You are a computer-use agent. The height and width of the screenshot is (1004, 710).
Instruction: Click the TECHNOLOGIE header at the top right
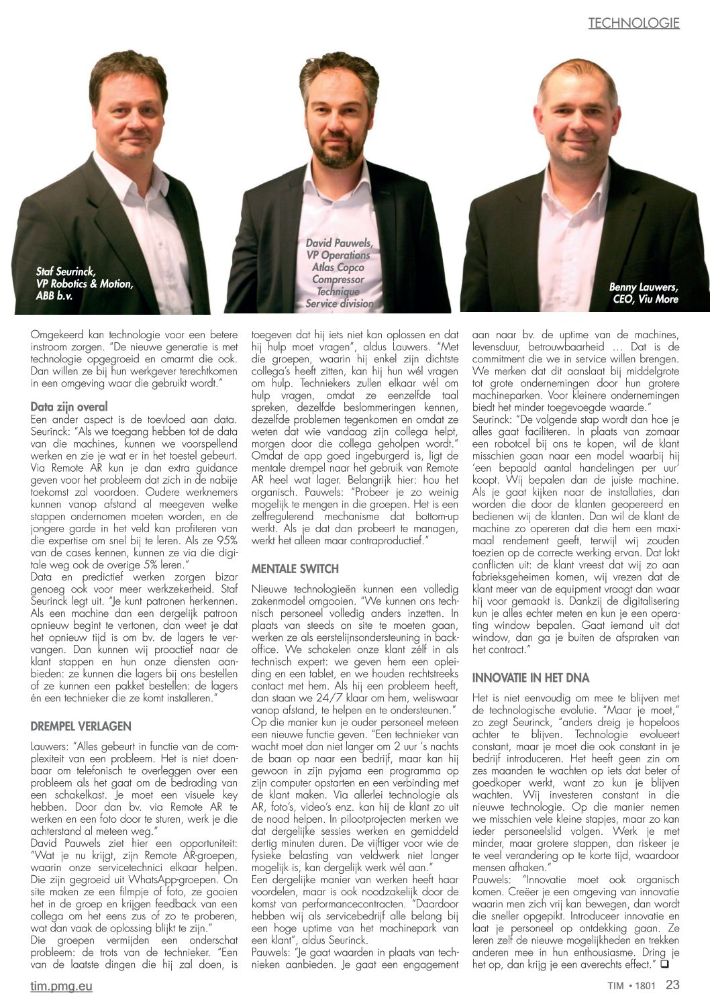[x=633, y=23]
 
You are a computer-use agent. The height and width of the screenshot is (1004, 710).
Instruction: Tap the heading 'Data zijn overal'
[x=69, y=407]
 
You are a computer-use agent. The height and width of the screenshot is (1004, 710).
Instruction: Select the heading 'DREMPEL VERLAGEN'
[x=81, y=726]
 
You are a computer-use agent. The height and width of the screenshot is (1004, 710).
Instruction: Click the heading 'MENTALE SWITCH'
[x=295, y=569]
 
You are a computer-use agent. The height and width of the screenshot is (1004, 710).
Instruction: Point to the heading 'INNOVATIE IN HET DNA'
[x=531, y=678]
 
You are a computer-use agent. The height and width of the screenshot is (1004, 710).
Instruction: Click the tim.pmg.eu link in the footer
[x=61, y=986]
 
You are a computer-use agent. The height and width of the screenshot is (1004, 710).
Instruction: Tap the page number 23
[x=672, y=985]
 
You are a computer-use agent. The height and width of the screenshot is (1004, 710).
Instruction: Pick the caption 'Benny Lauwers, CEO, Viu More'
[x=644, y=293]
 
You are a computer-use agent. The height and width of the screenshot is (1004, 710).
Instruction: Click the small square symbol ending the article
[x=664, y=964]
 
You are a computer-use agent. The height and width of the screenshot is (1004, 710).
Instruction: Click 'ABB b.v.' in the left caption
[x=54, y=295]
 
